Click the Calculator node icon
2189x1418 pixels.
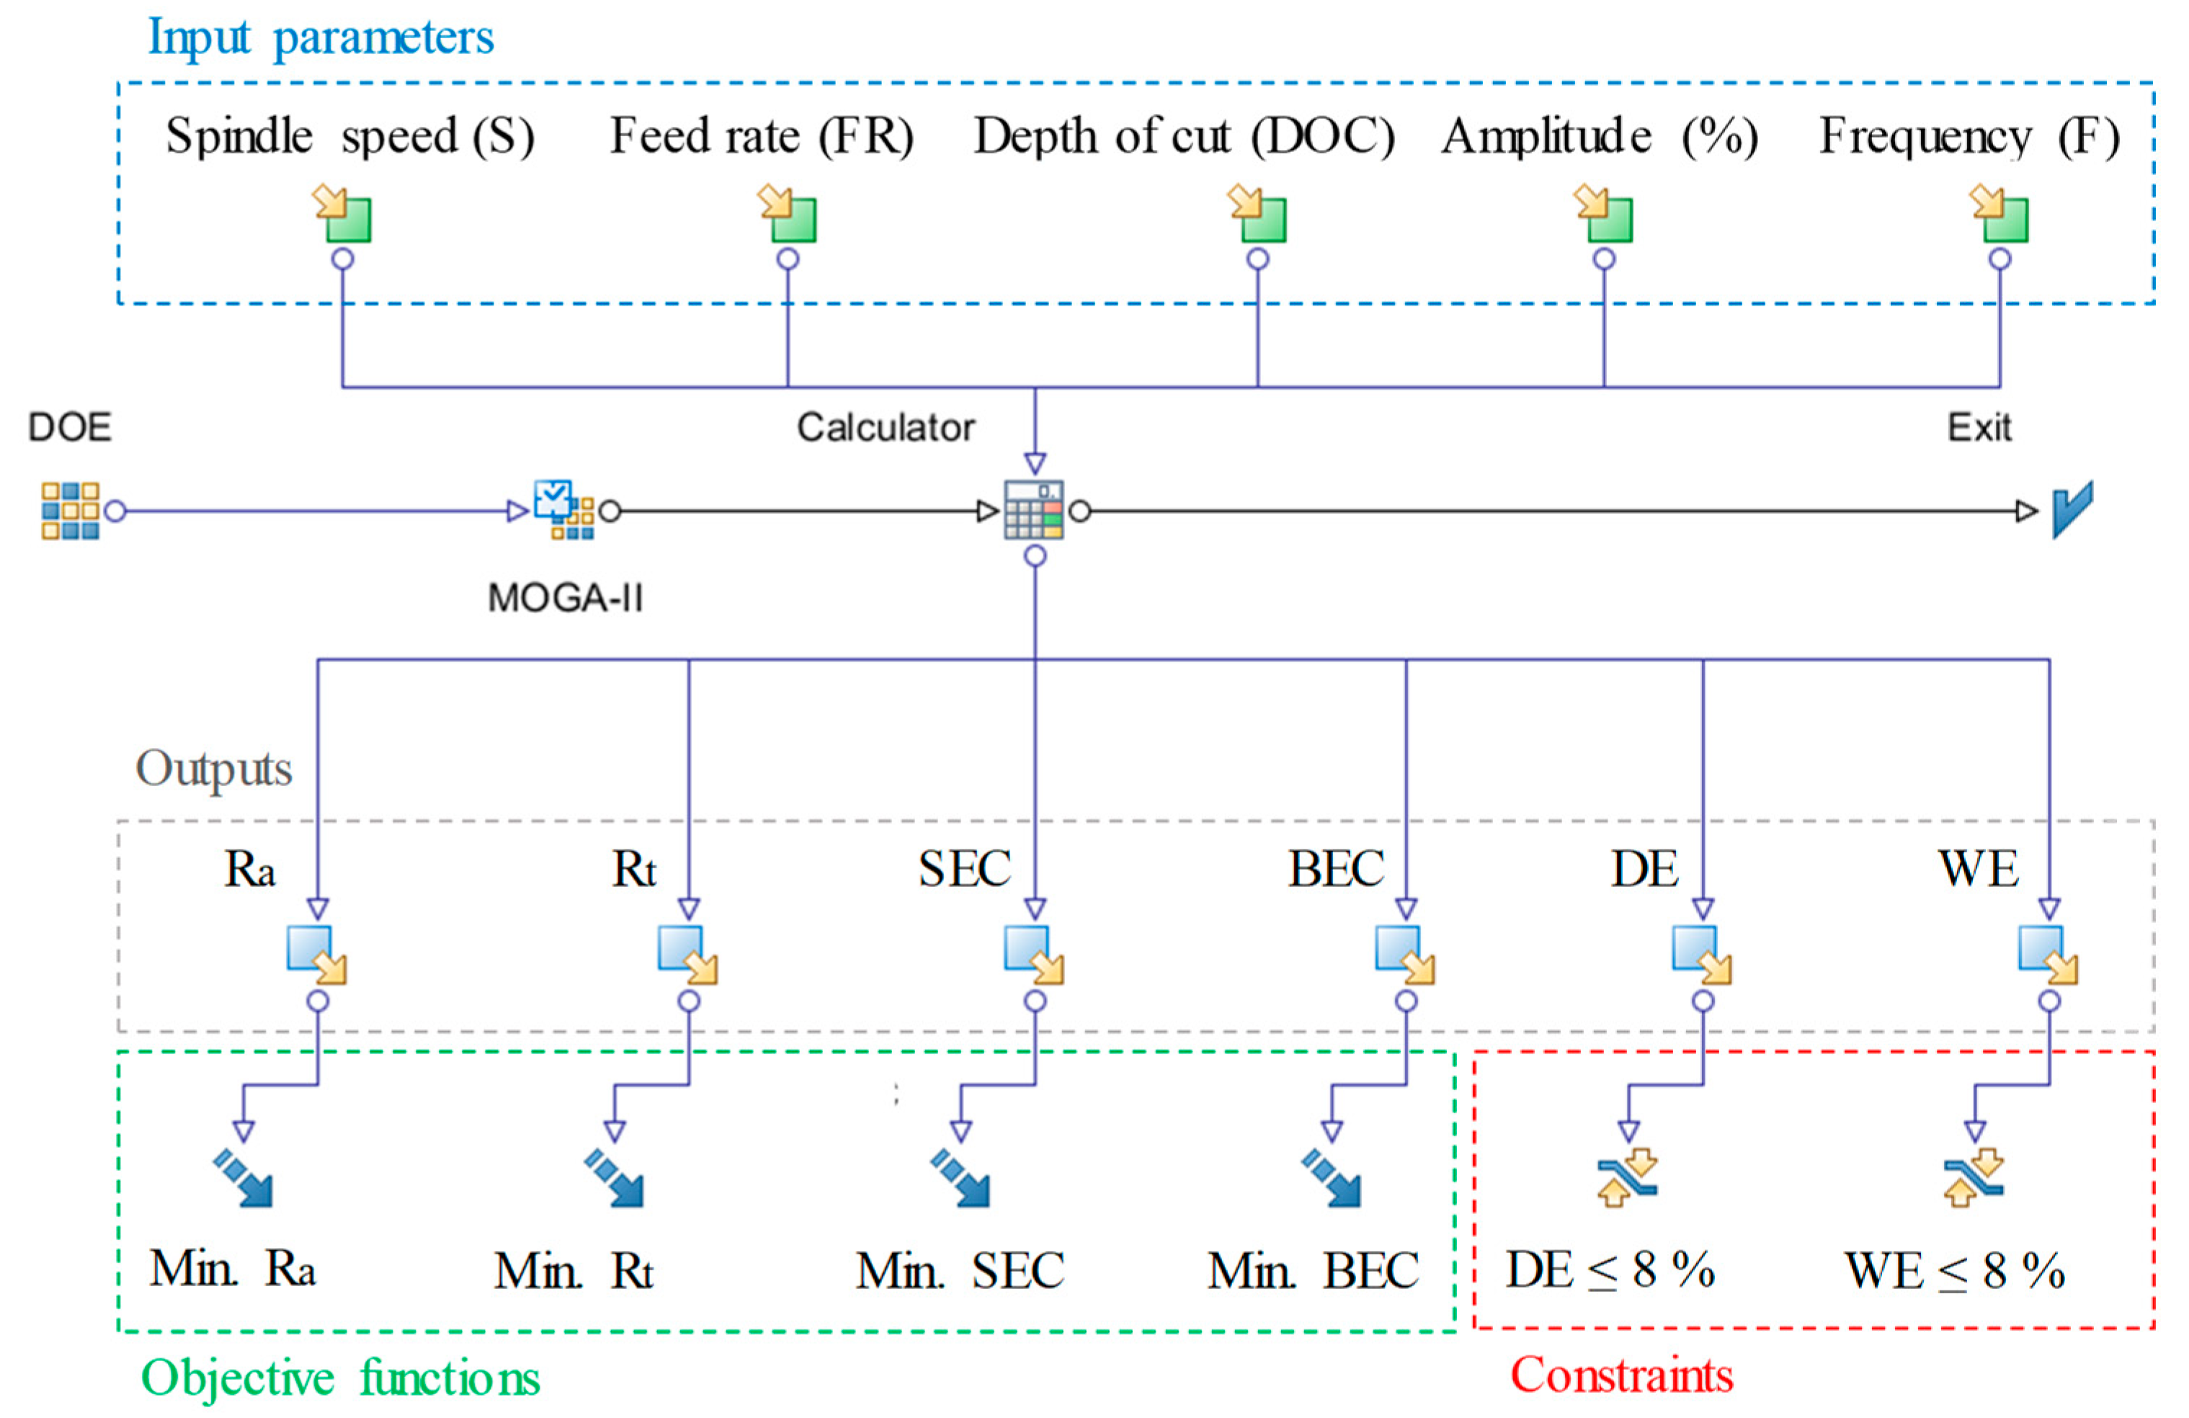pyautogui.click(x=1034, y=509)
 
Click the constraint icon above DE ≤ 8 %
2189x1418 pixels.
pyautogui.click(x=1627, y=1177)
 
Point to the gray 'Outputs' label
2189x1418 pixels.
pyautogui.click(x=213, y=768)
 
